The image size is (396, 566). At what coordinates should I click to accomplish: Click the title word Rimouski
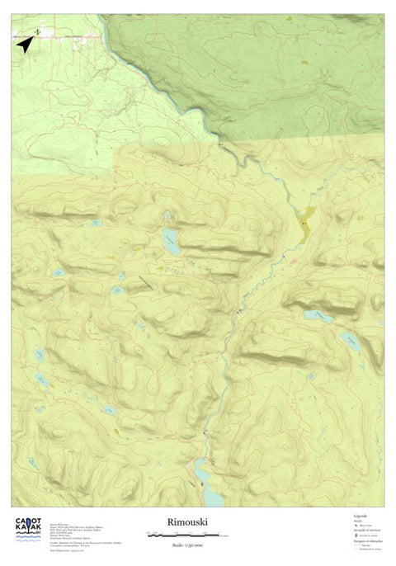coord(186,521)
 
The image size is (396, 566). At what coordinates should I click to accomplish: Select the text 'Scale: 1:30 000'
coord(186,544)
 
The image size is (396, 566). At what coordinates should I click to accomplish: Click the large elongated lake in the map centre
coord(172,242)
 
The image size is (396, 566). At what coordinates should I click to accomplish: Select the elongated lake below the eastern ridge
coord(318,315)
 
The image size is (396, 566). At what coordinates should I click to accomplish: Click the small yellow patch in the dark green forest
coord(307,62)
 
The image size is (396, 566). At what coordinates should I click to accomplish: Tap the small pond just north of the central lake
coord(167,217)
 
